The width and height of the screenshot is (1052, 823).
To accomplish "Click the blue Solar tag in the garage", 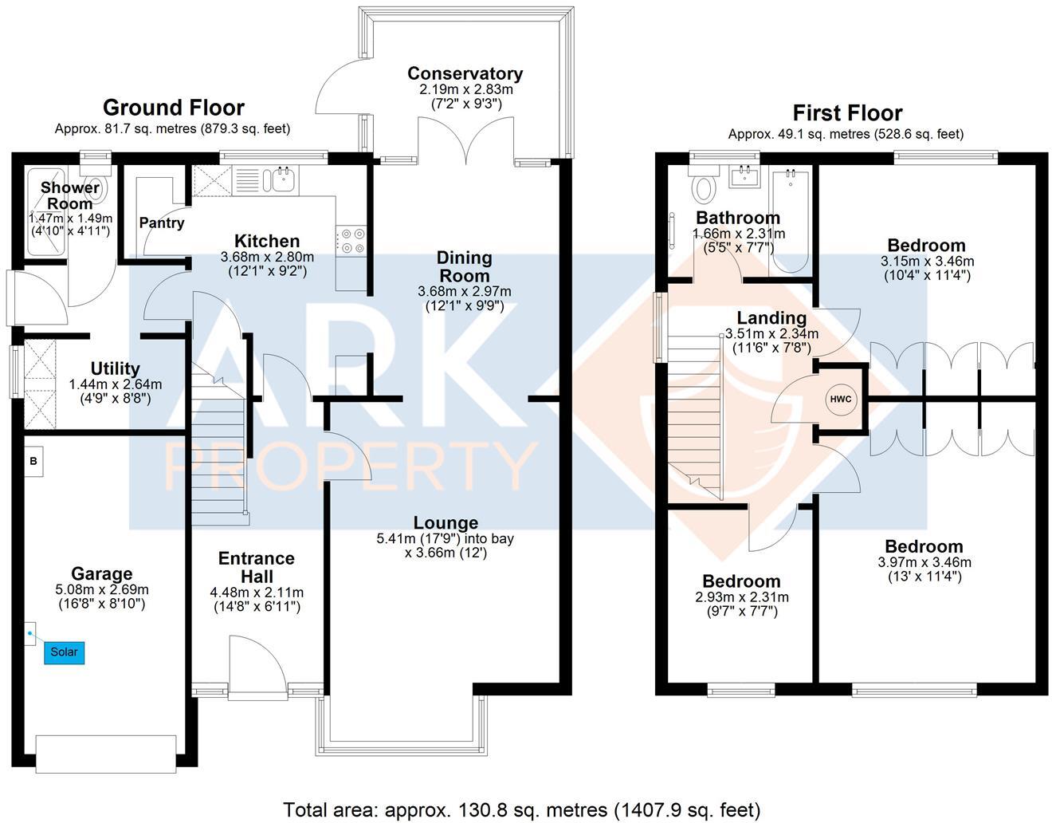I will [64, 652].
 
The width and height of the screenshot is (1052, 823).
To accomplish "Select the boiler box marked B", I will [33, 461].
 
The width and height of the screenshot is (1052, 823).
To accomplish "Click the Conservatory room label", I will [465, 73].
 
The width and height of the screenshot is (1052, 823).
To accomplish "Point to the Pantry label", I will [162, 222].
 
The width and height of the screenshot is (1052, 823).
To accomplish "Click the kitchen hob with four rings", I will [351, 241].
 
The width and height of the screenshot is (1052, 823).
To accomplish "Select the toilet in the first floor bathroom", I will [704, 188].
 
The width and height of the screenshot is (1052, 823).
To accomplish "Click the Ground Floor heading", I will [173, 108].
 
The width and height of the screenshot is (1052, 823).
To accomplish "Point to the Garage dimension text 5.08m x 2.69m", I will [101, 590].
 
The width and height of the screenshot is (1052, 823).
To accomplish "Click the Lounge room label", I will [446, 523].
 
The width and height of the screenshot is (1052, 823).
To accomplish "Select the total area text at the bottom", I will [522, 810].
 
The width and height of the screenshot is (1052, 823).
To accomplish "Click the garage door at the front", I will [106, 754].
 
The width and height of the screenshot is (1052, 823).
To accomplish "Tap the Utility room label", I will [116, 368].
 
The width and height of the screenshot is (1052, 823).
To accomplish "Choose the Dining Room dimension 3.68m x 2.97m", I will [465, 291].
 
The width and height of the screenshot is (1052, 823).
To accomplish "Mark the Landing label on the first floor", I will [771, 318].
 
